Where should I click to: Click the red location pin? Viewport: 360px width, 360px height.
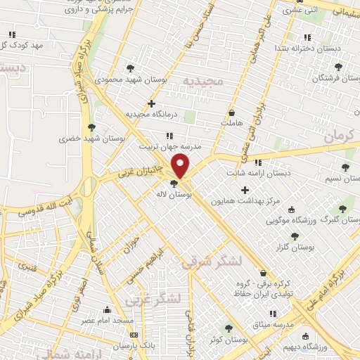(x=181, y=166)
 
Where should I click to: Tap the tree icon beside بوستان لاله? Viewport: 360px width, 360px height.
(x=174, y=184)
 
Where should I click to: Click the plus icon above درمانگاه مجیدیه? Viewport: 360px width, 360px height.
(x=151, y=103)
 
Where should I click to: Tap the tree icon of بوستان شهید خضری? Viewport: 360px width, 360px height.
(x=91, y=127)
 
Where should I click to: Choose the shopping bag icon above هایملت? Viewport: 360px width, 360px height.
(x=231, y=112)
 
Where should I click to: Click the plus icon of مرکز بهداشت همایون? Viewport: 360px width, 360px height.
(x=245, y=190)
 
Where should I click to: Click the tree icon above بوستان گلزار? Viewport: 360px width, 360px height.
(x=295, y=236)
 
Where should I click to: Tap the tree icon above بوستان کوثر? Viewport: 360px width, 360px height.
(x=227, y=328)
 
